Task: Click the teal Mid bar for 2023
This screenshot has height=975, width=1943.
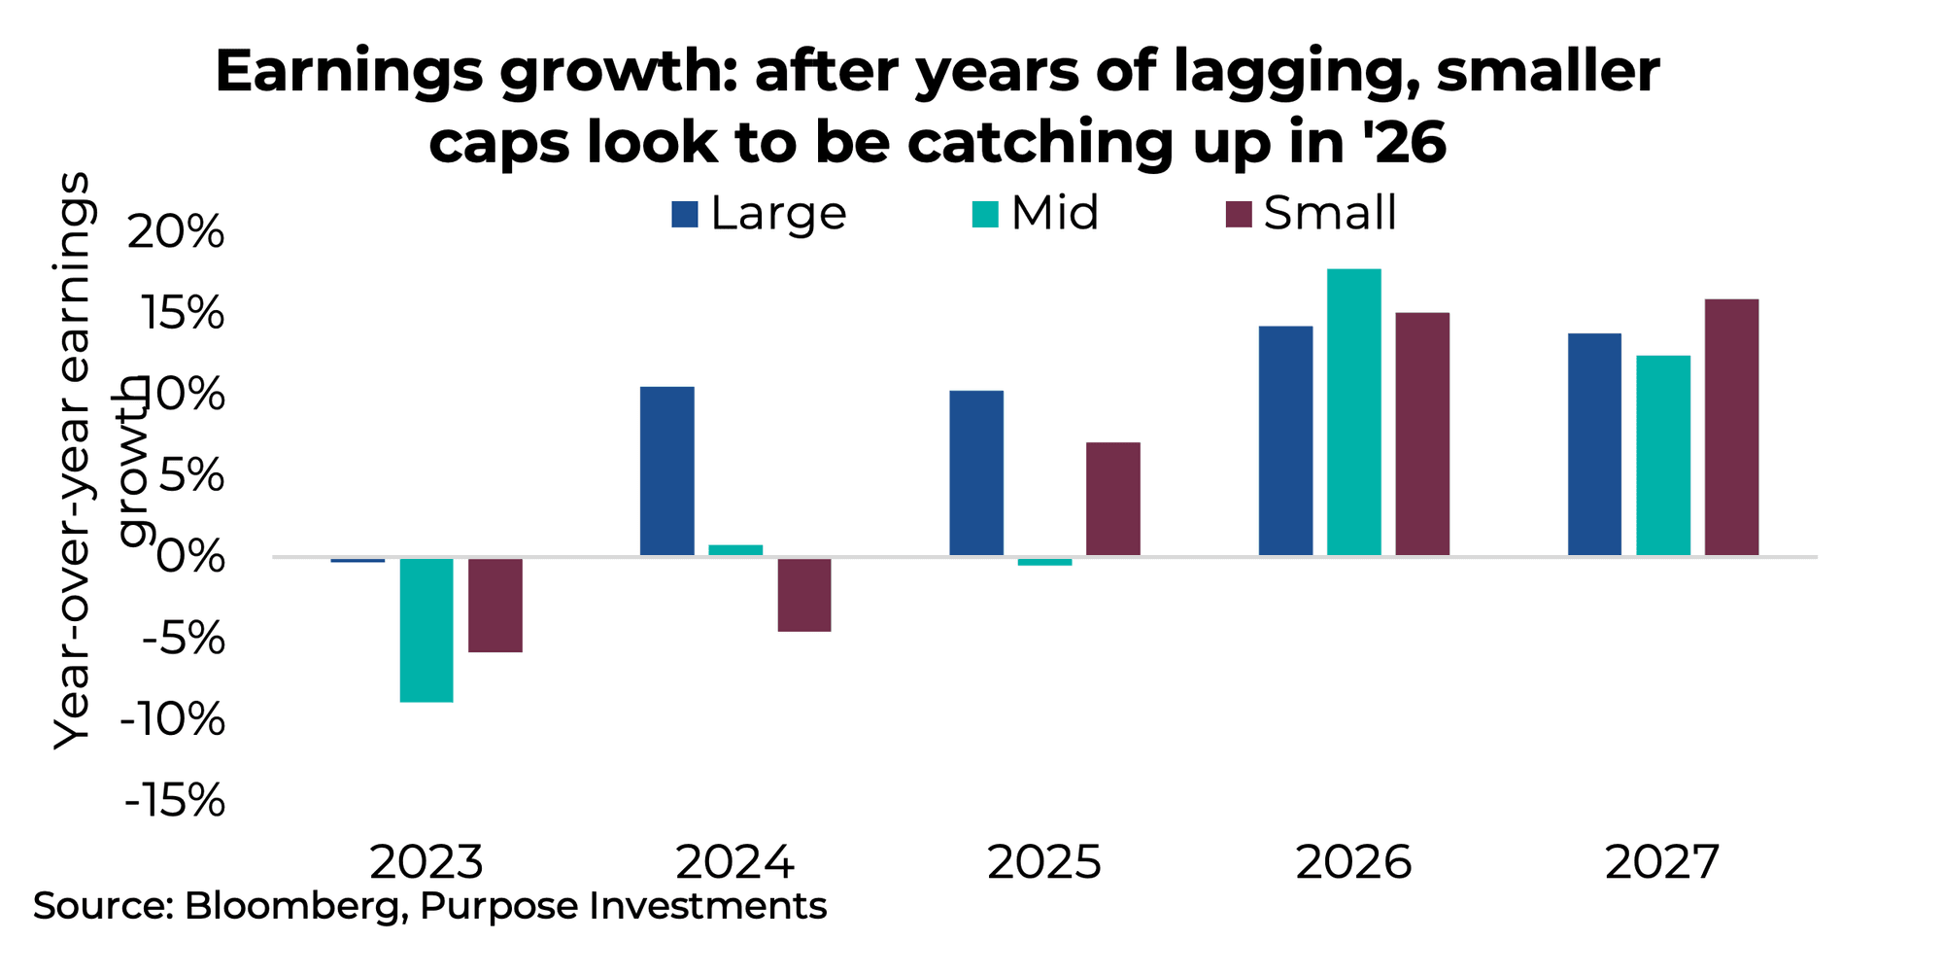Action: pyautogui.click(x=426, y=630)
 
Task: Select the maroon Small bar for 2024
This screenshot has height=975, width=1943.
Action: pyautogui.click(x=804, y=595)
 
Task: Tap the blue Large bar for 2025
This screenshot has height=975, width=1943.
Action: pyautogui.click(x=976, y=473)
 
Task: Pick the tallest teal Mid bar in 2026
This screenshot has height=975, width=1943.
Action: pyautogui.click(x=1353, y=412)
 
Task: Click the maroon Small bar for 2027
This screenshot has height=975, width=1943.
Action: pyautogui.click(x=1731, y=428)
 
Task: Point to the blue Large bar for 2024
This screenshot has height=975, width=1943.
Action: pyautogui.click(x=667, y=471)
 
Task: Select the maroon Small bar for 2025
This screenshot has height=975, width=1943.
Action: pyautogui.click(x=1113, y=499)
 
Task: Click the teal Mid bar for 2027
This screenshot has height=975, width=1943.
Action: pyautogui.click(x=1663, y=456)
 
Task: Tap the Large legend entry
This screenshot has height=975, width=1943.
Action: pyautogui.click(x=759, y=213)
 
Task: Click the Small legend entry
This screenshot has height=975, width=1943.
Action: pyautogui.click(x=1312, y=213)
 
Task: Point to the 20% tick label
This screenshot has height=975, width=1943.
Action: pyautogui.click(x=177, y=233)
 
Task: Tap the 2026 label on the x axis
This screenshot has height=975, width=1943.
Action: pyautogui.click(x=1353, y=862)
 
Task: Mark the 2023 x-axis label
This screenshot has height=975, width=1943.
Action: pyautogui.click(x=426, y=862)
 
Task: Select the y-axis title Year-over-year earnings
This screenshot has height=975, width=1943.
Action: pyautogui.click(x=73, y=462)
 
